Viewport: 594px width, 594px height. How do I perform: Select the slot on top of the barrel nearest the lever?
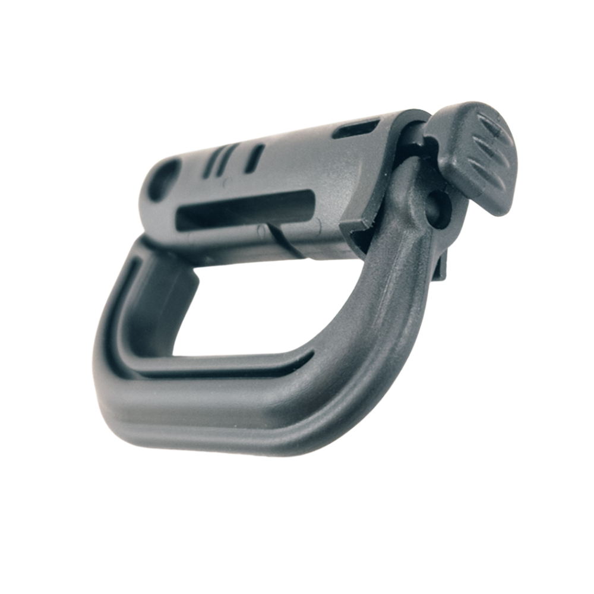coord(356,128)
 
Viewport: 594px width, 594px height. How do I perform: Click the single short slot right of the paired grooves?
coord(254,158)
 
